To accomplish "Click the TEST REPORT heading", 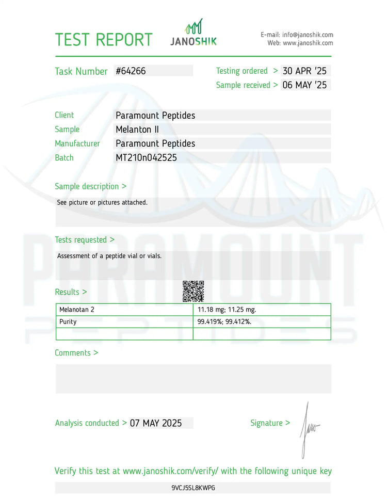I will tap(104, 40).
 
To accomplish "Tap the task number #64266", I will tap(131, 71).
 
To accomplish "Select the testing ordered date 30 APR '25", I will tap(305, 71).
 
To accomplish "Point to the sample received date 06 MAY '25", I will tap(305, 85).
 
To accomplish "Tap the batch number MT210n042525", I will tap(146, 158).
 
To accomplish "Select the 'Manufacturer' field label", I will tap(77, 143).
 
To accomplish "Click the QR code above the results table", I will tap(193, 291).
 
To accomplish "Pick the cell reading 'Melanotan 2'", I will tap(77, 310).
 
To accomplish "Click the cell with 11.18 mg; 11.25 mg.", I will tap(227, 310).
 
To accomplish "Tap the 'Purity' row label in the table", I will tap(68, 321).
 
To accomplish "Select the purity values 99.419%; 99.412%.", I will tap(224, 321).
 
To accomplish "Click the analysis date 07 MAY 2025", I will tap(156, 423).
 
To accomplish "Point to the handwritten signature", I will tap(309, 428).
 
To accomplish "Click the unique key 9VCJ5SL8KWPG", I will tap(193, 488).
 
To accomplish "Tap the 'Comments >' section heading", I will tap(76, 353).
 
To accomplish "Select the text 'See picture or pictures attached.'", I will tap(102, 202).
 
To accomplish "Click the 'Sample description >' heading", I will tap(91, 186).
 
